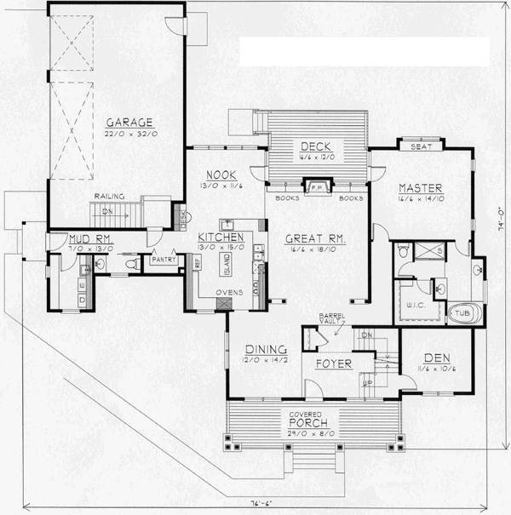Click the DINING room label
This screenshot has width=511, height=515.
[265, 349]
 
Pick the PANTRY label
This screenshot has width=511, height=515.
[162, 259]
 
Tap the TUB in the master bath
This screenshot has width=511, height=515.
[462, 312]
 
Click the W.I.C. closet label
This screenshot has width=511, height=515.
[415, 304]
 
